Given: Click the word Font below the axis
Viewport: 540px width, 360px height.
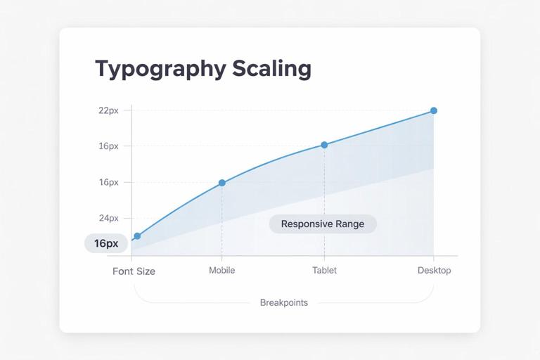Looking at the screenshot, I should click(x=123, y=271).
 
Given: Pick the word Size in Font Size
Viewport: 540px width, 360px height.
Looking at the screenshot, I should click(x=146, y=271).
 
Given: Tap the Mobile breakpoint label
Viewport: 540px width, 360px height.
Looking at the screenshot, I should click(x=222, y=270).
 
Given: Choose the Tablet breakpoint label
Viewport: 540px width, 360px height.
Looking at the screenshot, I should click(x=324, y=270).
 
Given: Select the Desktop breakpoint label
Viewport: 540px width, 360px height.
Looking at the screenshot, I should click(x=434, y=270).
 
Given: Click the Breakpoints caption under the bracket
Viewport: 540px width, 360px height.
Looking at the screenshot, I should click(x=283, y=302).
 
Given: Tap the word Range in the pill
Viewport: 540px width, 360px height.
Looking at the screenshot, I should click(x=351, y=224).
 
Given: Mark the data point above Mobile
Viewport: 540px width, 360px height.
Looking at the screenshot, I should click(x=222, y=183).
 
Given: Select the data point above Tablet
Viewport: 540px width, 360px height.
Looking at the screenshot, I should click(x=324, y=145).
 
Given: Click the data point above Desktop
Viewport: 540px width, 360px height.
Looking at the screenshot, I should click(x=434, y=110).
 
